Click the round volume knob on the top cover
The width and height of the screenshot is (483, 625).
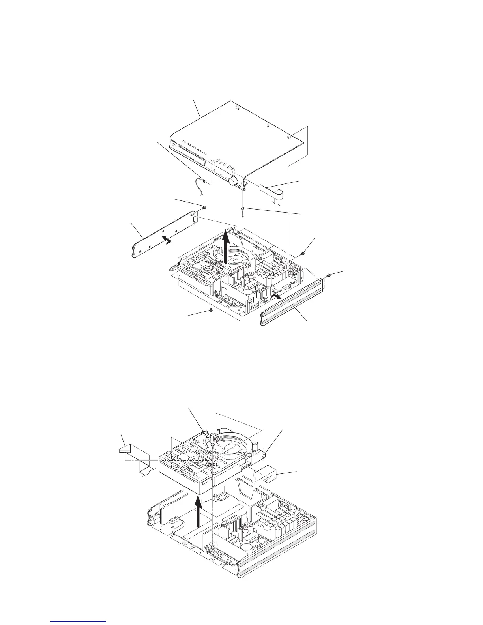233,181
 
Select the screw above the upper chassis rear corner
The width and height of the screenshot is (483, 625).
302,253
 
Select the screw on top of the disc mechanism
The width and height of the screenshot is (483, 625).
212,445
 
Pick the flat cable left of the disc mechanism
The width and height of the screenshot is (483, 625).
134,458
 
